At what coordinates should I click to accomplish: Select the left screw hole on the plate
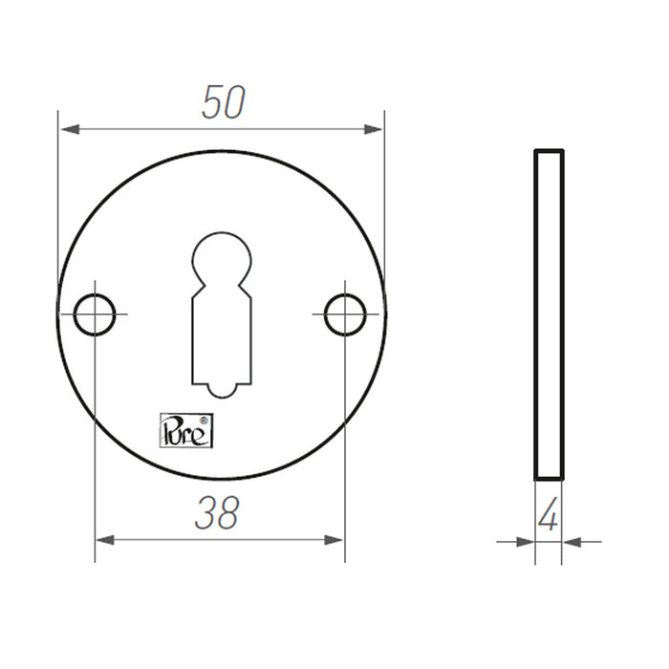point(96,313)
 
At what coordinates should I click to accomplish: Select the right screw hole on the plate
point(343,313)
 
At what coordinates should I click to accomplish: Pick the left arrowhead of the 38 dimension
point(104,541)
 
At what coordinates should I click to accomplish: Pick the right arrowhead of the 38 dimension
point(334,541)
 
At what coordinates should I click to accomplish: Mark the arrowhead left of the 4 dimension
point(525,542)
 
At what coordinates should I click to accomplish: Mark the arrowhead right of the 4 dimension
point(572,542)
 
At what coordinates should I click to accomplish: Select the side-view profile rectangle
point(549,315)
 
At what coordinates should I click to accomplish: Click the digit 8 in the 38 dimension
point(230,513)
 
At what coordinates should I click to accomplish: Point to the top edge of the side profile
point(549,151)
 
